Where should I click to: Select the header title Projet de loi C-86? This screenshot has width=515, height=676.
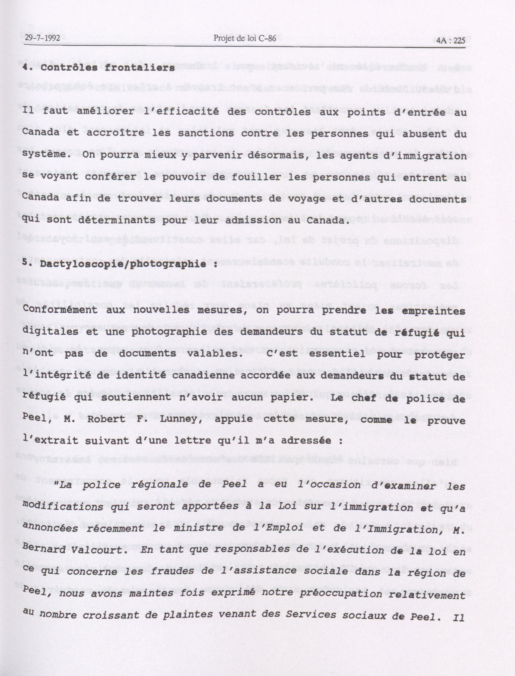(245, 38)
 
